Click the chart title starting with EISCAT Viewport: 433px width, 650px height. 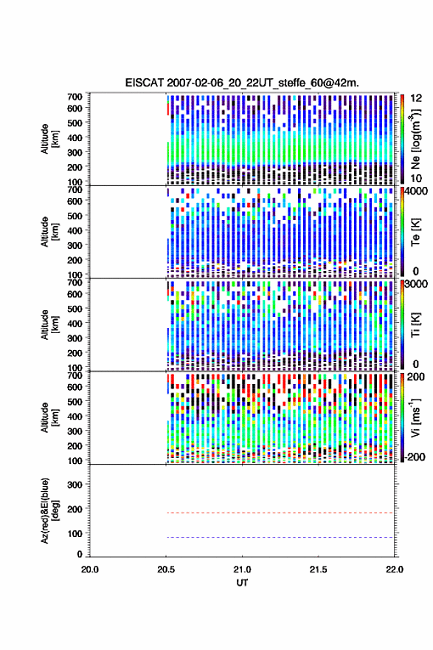click(x=242, y=83)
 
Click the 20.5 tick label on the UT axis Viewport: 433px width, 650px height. click(x=166, y=569)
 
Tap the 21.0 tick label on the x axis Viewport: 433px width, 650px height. click(x=242, y=569)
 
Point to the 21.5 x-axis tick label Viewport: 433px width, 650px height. click(x=319, y=569)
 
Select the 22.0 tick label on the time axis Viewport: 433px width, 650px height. click(x=395, y=569)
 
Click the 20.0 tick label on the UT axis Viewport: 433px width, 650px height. click(x=90, y=569)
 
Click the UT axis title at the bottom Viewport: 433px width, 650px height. click(x=242, y=583)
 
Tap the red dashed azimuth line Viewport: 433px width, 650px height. click(x=280, y=513)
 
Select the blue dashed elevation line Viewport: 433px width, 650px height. click(x=280, y=537)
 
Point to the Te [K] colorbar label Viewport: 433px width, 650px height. click(x=415, y=232)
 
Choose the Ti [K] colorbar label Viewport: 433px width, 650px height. click(x=415, y=325)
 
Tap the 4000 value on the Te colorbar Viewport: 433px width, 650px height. click(x=416, y=191)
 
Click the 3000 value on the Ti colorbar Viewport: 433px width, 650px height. click(x=416, y=284)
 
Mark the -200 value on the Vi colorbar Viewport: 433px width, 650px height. click(x=415, y=456)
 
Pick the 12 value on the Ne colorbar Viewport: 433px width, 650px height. click(x=417, y=98)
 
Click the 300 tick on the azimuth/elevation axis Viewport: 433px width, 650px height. click(x=75, y=485)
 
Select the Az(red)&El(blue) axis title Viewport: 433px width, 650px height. click(x=49, y=510)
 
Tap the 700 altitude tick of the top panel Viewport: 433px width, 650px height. click(x=75, y=97)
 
